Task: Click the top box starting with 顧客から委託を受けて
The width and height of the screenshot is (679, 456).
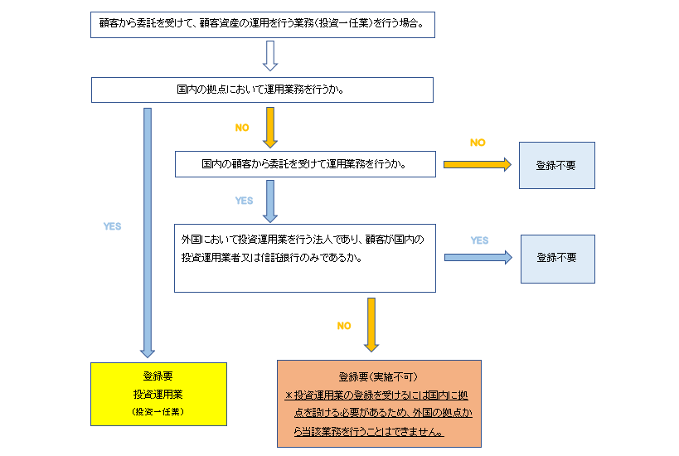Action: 261,24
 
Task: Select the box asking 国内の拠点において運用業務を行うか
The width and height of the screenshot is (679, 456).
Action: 261,90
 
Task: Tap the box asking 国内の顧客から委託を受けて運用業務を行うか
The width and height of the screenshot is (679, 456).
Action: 304,163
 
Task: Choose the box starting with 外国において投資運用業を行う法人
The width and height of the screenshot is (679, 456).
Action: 304,257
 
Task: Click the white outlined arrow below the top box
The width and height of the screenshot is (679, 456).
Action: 269,56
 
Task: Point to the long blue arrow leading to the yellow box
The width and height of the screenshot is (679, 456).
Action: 148,232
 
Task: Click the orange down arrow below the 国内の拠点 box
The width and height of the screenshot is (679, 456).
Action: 269,126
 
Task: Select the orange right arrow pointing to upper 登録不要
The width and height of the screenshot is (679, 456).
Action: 478,164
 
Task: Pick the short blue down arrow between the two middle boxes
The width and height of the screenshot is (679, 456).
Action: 269,199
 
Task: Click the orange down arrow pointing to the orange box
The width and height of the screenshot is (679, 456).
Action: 371,324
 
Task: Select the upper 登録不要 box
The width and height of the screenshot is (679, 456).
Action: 556,165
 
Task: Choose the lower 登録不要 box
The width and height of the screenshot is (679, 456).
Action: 557,258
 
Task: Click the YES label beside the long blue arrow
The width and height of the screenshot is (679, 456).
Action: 112,226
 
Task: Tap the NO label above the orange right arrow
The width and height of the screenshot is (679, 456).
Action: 478,143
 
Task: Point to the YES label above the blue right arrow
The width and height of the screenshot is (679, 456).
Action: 479,240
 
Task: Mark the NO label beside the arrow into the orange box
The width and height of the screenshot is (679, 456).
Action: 344,326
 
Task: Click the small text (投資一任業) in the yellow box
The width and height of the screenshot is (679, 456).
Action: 158,411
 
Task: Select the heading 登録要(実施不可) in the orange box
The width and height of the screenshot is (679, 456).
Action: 371,376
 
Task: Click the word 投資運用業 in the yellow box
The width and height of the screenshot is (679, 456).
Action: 158,394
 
